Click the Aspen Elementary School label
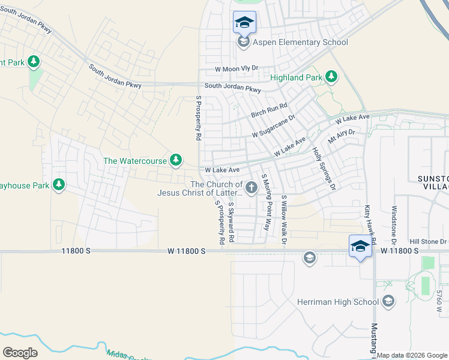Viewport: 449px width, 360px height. (301, 42)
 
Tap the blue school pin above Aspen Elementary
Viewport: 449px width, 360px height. (244, 23)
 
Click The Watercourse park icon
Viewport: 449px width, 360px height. (176, 160)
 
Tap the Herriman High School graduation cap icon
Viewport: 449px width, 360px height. (388, 301)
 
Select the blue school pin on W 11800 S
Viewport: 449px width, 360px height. (360, 247)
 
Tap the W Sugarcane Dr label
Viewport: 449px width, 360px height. (274, 126)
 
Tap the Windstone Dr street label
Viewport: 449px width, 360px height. (394, 225)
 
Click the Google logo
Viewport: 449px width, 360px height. (20, 353)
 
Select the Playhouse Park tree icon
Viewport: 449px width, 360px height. (59, 184)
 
